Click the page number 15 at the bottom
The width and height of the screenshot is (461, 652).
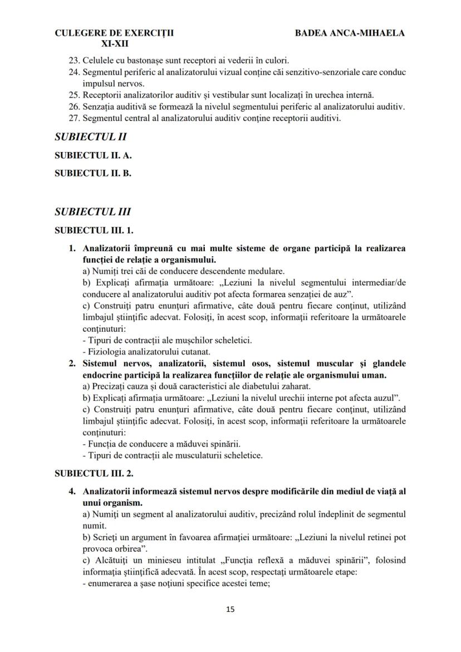point(230,609)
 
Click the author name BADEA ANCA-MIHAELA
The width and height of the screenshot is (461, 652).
point(350,33)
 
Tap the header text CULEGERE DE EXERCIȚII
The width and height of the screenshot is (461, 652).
point(114,33)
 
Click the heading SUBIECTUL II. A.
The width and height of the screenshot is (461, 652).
point(93,156)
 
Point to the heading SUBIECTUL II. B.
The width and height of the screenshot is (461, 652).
point(93,173)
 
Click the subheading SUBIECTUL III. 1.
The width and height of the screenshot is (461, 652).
point(94,229)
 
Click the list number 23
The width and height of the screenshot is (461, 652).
point(74,60)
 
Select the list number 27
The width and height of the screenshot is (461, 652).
point(74,118)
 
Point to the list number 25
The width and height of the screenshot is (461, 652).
point(74,95)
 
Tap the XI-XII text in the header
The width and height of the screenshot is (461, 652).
point(114,43)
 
